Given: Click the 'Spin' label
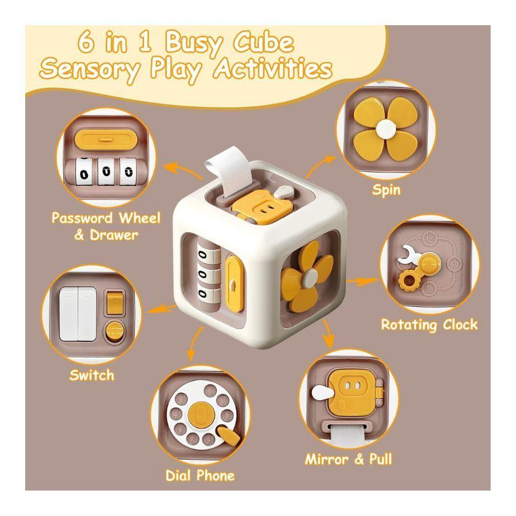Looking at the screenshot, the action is pyautogui.click(x=386, y=190).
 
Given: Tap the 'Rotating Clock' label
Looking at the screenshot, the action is pyautogui.click(x=429, y=325).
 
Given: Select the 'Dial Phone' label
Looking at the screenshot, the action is pyautogui.click(x=200, y=475).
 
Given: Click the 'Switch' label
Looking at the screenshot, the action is pyautogui.click(x=92, y=375).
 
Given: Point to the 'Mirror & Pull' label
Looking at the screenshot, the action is pyautogui.click(x=349, y=459).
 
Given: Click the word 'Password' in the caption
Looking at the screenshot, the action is pyautogui.click(x=83, y=218).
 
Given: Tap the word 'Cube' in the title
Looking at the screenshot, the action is pyautogui.click(x=263, y=42).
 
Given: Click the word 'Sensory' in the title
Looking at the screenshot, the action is pyautogui.click(x=89, y=70).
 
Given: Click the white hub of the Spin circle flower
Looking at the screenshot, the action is pyautogui.click(x=386, y=128).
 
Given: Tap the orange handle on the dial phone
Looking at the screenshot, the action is pyautogui.click(x=230, y=436).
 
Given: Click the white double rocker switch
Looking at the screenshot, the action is pyautogui.click(x=78, y=314).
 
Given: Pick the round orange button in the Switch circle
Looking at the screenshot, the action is pyautogui.click(x=114, y=331).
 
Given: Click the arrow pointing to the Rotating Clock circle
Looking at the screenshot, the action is pyautogui.click(x=362, y=282).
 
